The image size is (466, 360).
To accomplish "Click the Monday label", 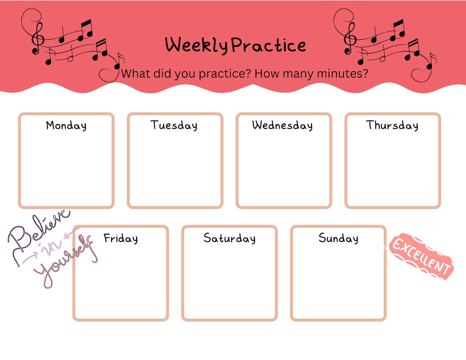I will click(66, 125).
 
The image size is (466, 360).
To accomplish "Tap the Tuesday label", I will click(174, 125).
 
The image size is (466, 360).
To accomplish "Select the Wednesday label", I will click(282, 125).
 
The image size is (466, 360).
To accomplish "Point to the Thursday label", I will click(392, 125).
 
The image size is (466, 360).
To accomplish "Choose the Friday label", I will click(121, 238).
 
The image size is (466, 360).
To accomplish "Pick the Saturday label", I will click(230, 238).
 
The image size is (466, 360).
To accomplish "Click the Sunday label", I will click(338, 238).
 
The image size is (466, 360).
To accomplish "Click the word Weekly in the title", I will click(196, 45).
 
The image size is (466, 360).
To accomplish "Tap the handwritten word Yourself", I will click(65, 262).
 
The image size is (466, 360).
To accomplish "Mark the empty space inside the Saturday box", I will click(230, 282).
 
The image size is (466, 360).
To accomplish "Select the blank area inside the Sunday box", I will click(338, 282).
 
